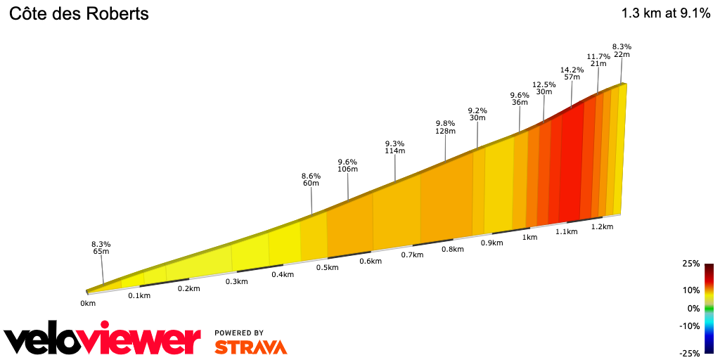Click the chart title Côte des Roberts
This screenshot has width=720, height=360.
coord(78,13)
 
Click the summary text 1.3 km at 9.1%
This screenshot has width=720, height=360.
coord(665,13)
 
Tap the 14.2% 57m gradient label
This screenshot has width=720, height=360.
coord(572,73)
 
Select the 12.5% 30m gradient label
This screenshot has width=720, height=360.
coord(544,88)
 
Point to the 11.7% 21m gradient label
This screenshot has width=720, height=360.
coord(598,60)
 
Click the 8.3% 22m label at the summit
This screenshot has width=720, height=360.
coord(622,51)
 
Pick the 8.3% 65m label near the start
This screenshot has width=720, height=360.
coord(101,247)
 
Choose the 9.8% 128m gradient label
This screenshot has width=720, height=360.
coord(446,127)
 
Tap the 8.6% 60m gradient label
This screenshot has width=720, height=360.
coord(311,179)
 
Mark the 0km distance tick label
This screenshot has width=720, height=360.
coord(88,304)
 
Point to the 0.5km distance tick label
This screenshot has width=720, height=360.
coord(327,268)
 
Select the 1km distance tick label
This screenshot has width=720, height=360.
coord(530,238)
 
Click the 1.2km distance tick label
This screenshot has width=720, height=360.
coord(603,226)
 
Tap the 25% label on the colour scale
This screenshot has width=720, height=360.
coord(691,264)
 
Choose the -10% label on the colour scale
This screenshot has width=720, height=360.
coord(689,326)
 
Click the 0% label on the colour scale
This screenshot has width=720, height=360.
coord(693,308)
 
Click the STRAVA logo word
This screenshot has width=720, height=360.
coord(250,347)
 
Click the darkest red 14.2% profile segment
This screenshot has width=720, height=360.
coord(571,162)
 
